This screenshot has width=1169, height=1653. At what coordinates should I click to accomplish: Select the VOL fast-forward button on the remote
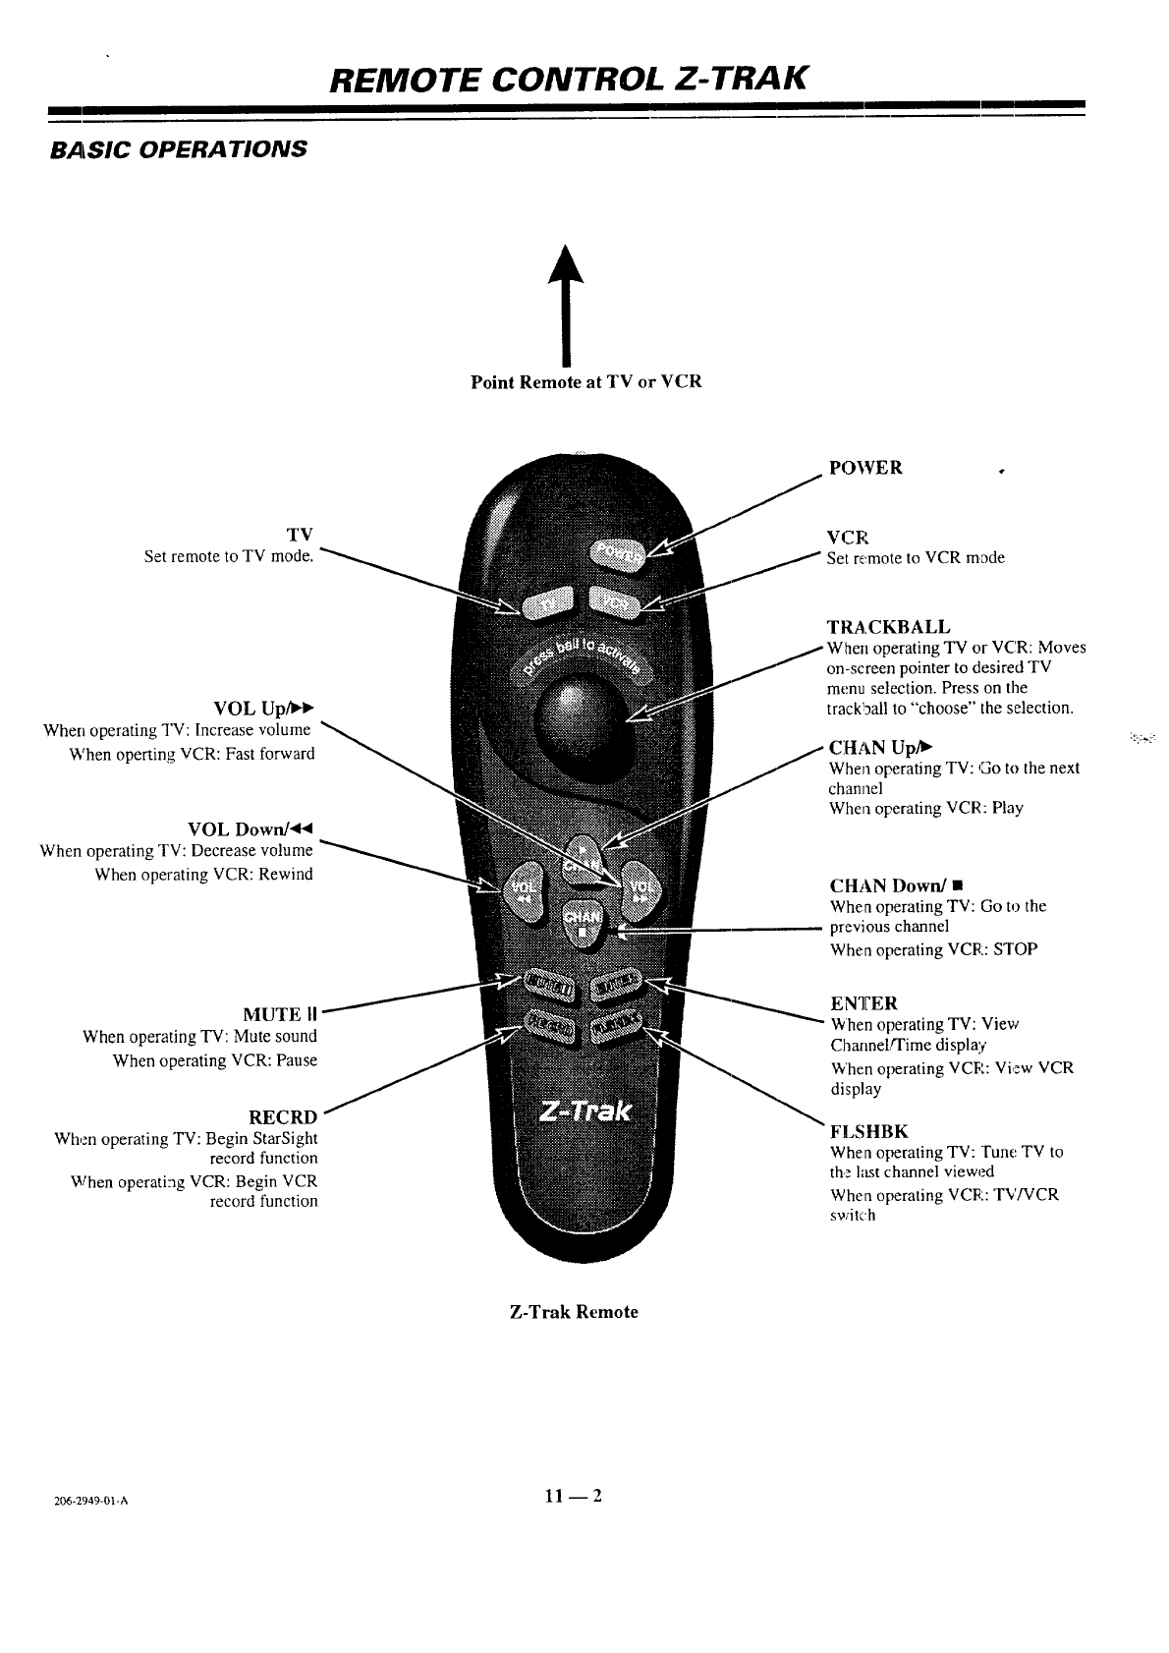click(x=640, y=887)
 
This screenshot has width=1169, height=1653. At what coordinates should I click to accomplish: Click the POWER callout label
click(x=865, y=468)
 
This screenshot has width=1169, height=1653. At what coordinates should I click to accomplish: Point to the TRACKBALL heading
click(x=888, y=627)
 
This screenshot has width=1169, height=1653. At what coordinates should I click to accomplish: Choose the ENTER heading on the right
click(x=863, y=1003)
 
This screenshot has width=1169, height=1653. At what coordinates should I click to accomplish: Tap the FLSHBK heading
click(x=869, y=1131)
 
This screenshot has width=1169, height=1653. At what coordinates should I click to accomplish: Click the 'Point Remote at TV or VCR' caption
click(x=586, y=382)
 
